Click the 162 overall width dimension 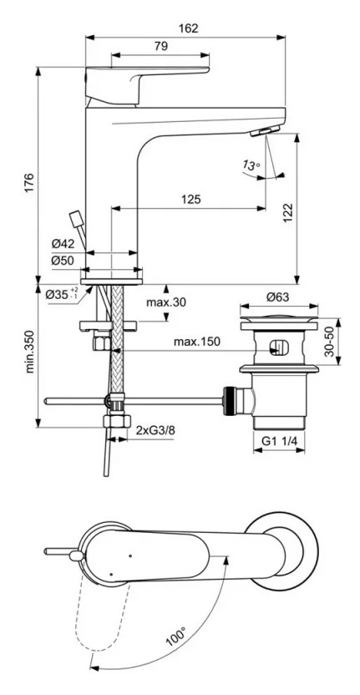pyautogui.click(x=189, y=28)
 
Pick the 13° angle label pyautogui.click(x=250, y=166)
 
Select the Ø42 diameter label pyautogui.click(x=63, y=244)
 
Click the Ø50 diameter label pyautogui.click(x=63, y=261)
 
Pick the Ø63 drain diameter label pyautogui.click(x=277, y=296)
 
